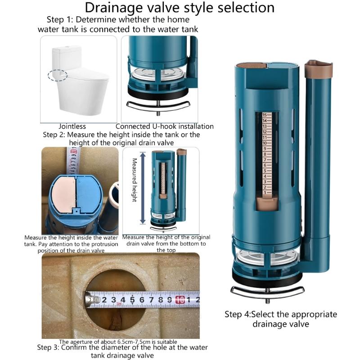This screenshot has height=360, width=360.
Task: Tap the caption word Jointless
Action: point(72,126)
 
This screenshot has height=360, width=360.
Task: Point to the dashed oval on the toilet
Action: point(58,75)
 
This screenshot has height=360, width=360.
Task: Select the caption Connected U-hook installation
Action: point(164,126)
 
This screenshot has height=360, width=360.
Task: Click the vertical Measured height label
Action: point(134,180)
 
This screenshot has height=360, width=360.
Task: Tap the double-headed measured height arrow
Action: point(143,188)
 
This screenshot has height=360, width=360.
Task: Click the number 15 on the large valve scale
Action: point(265,115)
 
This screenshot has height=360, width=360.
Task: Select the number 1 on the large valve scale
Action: point(265,192)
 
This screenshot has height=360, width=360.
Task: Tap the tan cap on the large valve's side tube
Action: point(318,69)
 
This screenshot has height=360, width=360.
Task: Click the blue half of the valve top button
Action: point(90,191)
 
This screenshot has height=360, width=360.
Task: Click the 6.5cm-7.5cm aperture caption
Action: point(118,342)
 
